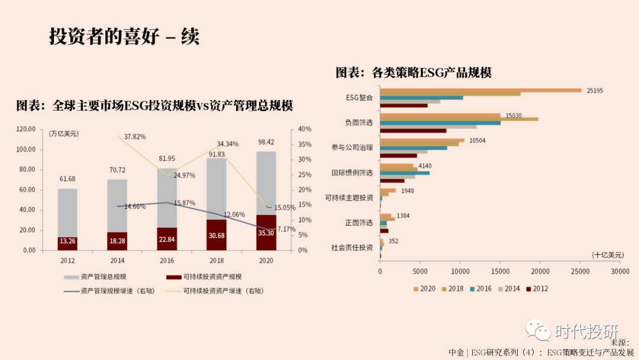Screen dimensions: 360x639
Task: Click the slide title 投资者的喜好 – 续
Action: (124, 37)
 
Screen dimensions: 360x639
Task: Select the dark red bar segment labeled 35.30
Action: (266, 233)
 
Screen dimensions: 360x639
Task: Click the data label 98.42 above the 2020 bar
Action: (266, 142)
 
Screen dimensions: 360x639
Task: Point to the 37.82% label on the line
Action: (135, 136)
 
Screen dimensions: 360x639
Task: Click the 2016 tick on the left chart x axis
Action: (167, 259)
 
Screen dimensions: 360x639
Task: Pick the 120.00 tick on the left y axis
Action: (26, 129)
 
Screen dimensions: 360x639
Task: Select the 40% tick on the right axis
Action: (304, 129)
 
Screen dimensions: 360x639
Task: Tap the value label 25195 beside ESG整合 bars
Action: (595, 91)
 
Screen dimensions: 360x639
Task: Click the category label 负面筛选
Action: (359, 123)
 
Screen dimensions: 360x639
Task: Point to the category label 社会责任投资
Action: (352, 247)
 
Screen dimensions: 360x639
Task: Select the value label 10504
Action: (477, 141)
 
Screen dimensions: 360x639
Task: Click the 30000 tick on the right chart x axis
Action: (620, 271)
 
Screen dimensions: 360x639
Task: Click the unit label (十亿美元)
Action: (608, 255)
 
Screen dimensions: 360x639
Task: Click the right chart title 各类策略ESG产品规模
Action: (414, 73)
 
